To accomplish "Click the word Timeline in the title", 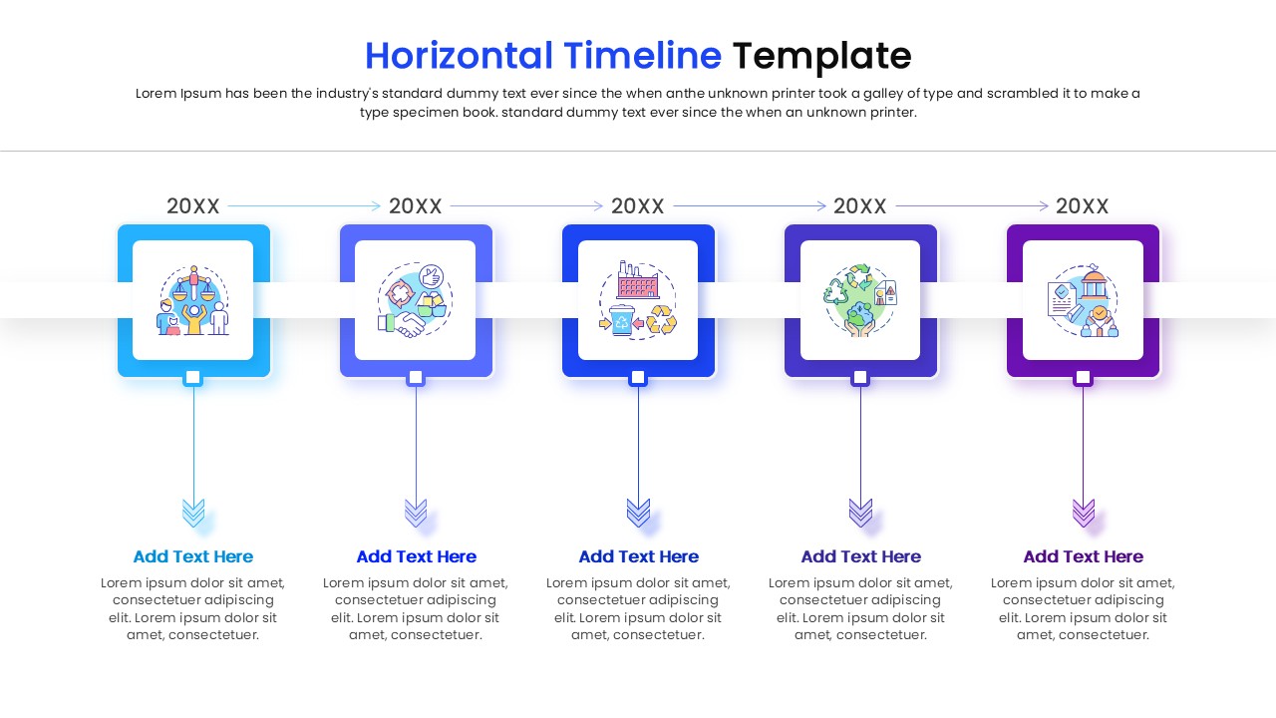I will click(642, 56).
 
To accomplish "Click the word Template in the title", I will click(821, 56).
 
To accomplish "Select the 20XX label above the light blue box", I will click(193, 206).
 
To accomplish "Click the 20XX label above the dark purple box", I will click(1083, 206).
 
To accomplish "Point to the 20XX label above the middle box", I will click(638, 206).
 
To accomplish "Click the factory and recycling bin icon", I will click(638, 300).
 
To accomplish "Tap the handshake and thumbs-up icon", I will click(416, 300).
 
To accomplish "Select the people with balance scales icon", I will click(193, 300).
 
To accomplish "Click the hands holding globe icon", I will click(860, 300).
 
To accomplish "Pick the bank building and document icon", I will click(1083, 300).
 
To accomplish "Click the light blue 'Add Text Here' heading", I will click(193, 556).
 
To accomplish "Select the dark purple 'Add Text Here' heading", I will click(1083, 556).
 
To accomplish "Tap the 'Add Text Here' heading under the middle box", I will click(638, 556).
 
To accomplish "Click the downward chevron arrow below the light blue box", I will click(193, 513).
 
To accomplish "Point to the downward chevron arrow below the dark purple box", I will click(1083, 513).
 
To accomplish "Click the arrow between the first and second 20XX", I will click(304, 206).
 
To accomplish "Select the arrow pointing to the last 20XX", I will click(972, 206).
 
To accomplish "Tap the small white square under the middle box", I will click(638, 378).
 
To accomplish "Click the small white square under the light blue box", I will click(193, 378).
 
